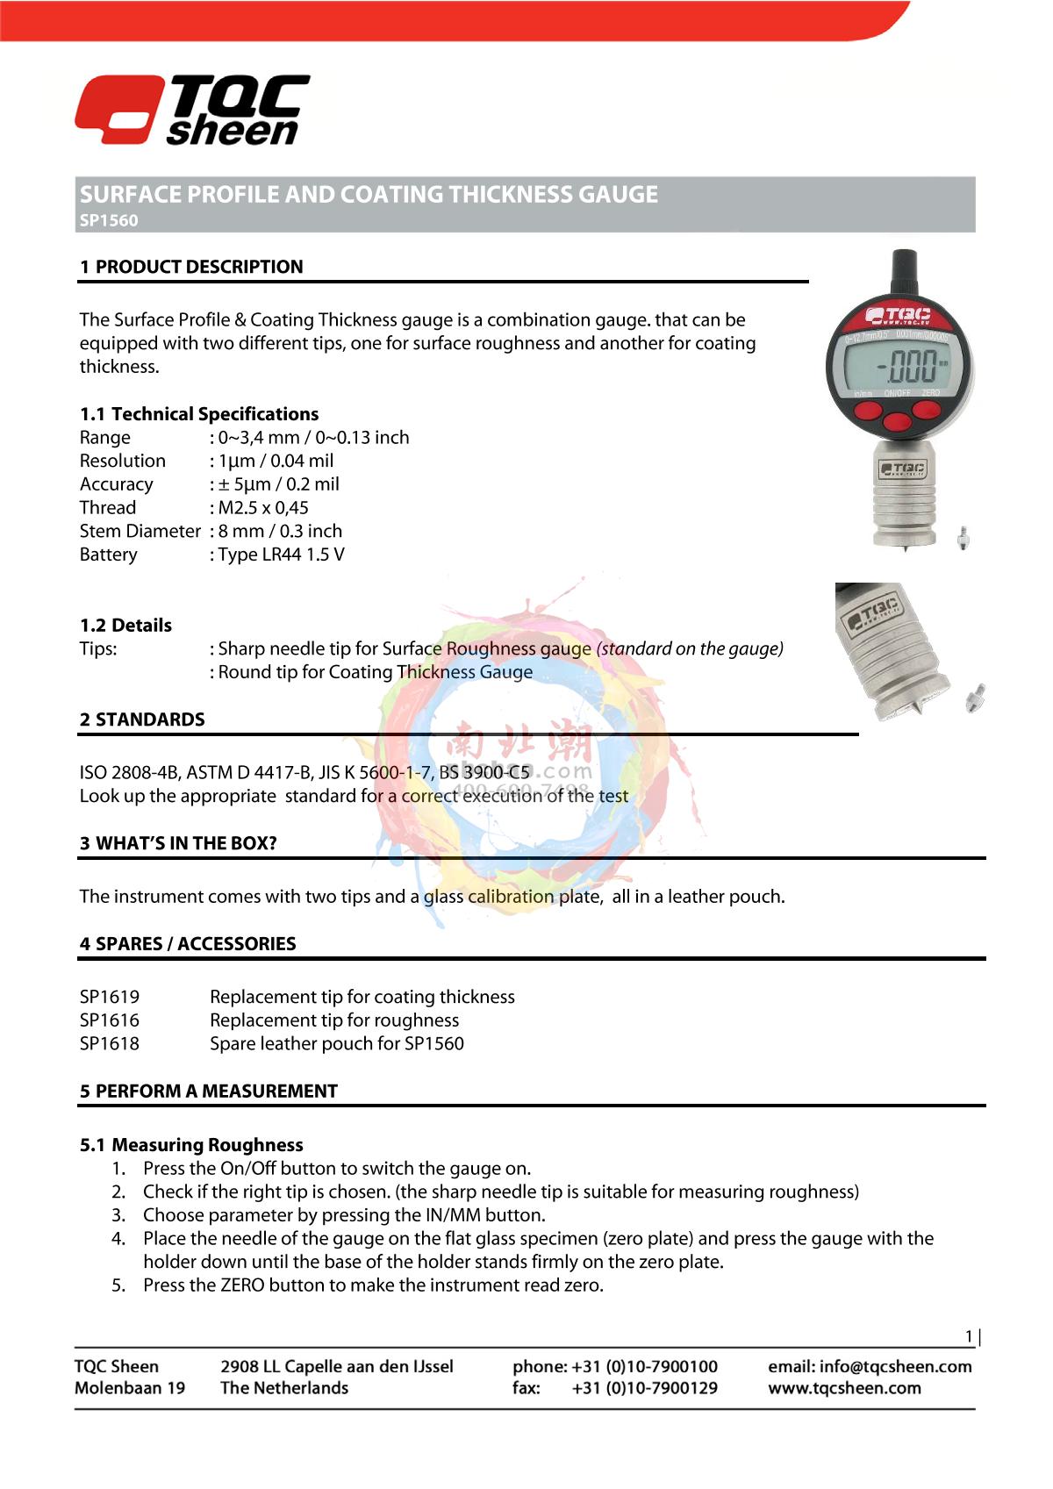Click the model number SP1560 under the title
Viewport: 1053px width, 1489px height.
[x=109, y=221]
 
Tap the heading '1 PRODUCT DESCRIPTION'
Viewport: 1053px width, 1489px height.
[x=191, y=267]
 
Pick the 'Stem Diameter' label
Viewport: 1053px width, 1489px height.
[x=140, y=531]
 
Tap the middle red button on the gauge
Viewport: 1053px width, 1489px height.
[x=897, y=421]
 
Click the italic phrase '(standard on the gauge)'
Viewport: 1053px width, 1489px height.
[x=690, y=648]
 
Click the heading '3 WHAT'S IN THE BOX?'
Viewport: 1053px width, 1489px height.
[x=178, y=844]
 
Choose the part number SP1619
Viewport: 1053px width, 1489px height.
[x=110, y=997]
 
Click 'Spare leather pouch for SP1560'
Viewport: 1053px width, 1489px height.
[x=337, y=1043]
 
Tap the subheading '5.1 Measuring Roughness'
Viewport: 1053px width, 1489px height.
[x=191, y=1145]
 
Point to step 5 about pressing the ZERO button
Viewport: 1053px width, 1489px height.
[x=373, y=1285]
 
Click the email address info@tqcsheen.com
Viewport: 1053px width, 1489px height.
[x=895, y=1366]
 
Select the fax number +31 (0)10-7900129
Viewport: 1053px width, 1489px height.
[x=644, y=1388]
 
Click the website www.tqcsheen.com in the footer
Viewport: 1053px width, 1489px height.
[x=844, y=1388]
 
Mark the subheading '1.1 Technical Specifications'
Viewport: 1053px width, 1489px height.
[x=199, y=414]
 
